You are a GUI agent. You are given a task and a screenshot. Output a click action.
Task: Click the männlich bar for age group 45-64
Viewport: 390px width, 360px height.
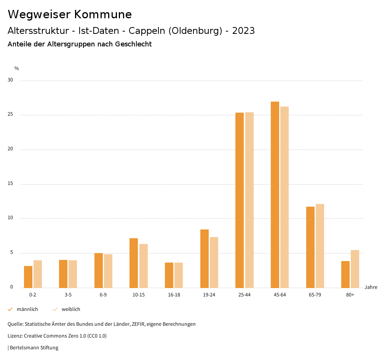coord(275,194)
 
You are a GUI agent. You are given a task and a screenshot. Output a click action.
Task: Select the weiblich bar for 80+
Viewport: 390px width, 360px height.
coord(355,269)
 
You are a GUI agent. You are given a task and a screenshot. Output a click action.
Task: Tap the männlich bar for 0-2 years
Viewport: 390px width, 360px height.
coord(28,277)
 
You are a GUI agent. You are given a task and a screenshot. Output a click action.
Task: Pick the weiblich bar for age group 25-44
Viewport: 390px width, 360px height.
coord(249,200)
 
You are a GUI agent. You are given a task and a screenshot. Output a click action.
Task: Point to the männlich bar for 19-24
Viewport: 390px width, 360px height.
coord(205,258)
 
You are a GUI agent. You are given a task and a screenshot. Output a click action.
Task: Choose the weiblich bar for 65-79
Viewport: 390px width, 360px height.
coord(320,246)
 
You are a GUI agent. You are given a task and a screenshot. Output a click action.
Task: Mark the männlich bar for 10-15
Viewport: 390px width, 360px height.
coord(134,263)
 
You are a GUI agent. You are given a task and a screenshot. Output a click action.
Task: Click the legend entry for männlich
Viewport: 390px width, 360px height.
coord(27,309)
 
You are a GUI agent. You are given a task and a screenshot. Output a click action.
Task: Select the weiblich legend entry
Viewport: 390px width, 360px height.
coord(71,309)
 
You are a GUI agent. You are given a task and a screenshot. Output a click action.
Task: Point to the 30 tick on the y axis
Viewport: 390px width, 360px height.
coord(10,80)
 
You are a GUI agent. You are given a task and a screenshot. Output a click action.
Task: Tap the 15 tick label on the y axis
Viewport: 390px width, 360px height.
coord(10,184)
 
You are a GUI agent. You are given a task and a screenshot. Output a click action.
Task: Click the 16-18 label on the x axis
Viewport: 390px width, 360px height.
coord(174,295)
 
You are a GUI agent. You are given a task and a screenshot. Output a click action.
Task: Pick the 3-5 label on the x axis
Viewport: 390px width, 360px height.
coord(68,295)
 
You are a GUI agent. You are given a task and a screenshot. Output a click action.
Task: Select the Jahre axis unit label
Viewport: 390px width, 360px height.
coord(371,287)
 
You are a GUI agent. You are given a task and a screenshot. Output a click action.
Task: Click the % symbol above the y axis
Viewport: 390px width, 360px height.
coord(17,68)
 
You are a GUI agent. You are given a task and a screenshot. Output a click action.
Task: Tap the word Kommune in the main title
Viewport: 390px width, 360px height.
coord(103,14)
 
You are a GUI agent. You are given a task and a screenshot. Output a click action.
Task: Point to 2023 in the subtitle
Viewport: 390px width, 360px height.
coord(243,31)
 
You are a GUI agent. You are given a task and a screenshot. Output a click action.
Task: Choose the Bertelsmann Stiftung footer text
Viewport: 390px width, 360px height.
coord(34,348)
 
